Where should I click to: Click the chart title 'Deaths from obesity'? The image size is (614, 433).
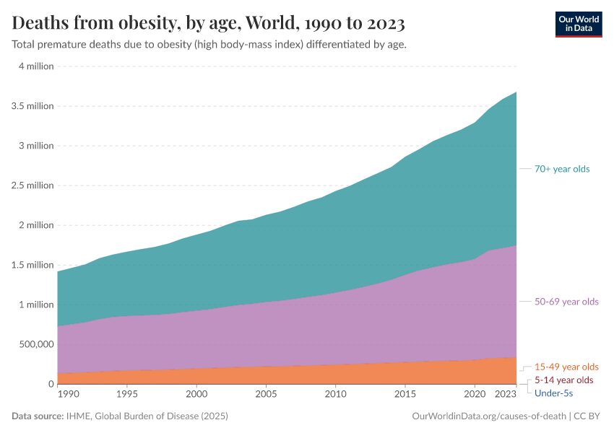tap(208, 23)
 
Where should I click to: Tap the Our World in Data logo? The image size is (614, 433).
tap(578, 23)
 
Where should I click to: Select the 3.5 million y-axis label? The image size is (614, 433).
tap(32, 106)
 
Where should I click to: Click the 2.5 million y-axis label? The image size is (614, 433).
tap(32, 185)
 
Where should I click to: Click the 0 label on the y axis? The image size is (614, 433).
tap(51, 384)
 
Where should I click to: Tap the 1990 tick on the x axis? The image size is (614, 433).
tap(68, 395)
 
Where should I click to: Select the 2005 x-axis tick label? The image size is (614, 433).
tap(266, 395)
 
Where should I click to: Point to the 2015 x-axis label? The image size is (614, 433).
tap(405, 395)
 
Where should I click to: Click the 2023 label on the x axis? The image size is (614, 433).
tap(506, 395)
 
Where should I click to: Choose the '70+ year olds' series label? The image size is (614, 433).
tap(562, 169)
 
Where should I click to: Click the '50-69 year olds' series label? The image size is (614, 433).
tap(566, 302)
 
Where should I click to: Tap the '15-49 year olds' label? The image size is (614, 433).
tap(566, 367)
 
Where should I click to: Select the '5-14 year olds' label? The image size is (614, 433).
tap(563, 380)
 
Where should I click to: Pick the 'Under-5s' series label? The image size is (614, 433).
tap(553, 393)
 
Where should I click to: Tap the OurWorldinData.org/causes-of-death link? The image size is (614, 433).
tap(488, 416)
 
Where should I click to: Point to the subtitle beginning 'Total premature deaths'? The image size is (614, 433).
tap(209, 45)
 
